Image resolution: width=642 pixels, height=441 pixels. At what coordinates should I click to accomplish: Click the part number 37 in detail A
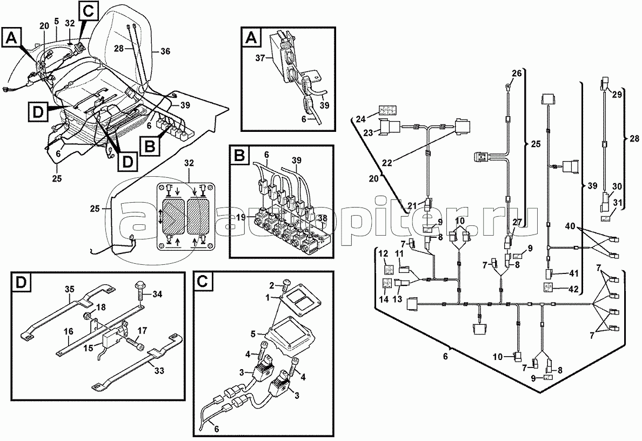(261, 59)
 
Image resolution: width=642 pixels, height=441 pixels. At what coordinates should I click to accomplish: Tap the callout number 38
(324, 218)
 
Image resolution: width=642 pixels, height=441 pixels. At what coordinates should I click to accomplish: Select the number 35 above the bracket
(69, 290)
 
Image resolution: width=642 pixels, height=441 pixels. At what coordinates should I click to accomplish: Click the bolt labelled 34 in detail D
(139, 294)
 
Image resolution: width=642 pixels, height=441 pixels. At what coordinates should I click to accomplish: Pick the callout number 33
(159, 371)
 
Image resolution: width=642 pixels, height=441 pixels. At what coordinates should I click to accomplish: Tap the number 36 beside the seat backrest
(165, 51)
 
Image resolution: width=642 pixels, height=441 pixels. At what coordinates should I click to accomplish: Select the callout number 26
(517, 73)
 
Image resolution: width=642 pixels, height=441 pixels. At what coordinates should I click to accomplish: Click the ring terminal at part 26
(507, 86)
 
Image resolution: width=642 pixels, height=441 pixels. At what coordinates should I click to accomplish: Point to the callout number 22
(387, 163)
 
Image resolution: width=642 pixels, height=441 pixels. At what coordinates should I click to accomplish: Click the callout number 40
(571, 225)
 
